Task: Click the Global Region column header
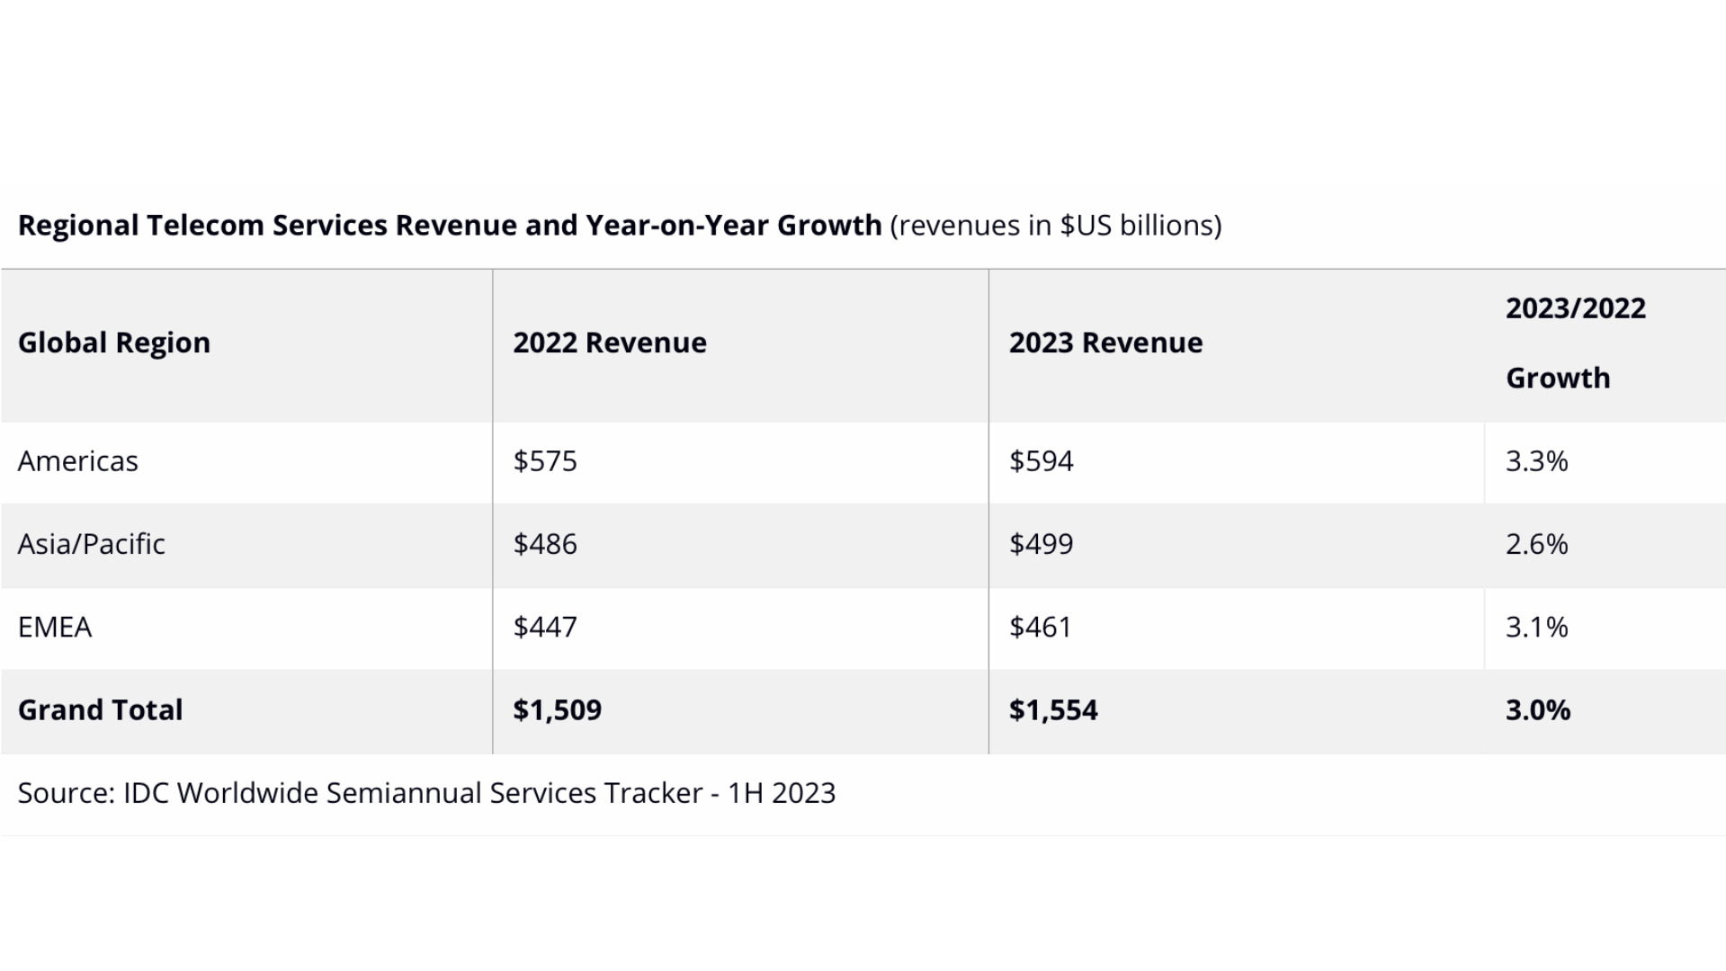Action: point(114,343)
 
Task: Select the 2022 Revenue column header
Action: point(610,343)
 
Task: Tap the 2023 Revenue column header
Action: point(1105,343)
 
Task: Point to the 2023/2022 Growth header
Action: point(1575,343)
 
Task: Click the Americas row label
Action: point(78,461)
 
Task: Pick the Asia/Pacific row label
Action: point(92,544)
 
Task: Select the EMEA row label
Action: point(55,627)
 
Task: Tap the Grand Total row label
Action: point(101,710)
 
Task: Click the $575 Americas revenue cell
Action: point(545,461)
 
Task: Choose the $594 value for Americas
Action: point(1041,461)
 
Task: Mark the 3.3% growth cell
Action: point(1536,461)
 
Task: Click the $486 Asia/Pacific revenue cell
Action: point(545,544)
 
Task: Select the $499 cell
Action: point(1041,544)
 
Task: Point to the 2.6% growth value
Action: point(1536,544)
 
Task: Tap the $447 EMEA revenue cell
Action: point(545,627)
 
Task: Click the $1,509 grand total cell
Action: point(557,710)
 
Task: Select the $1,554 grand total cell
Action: point(1053,710)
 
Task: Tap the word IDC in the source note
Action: point(146,793)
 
